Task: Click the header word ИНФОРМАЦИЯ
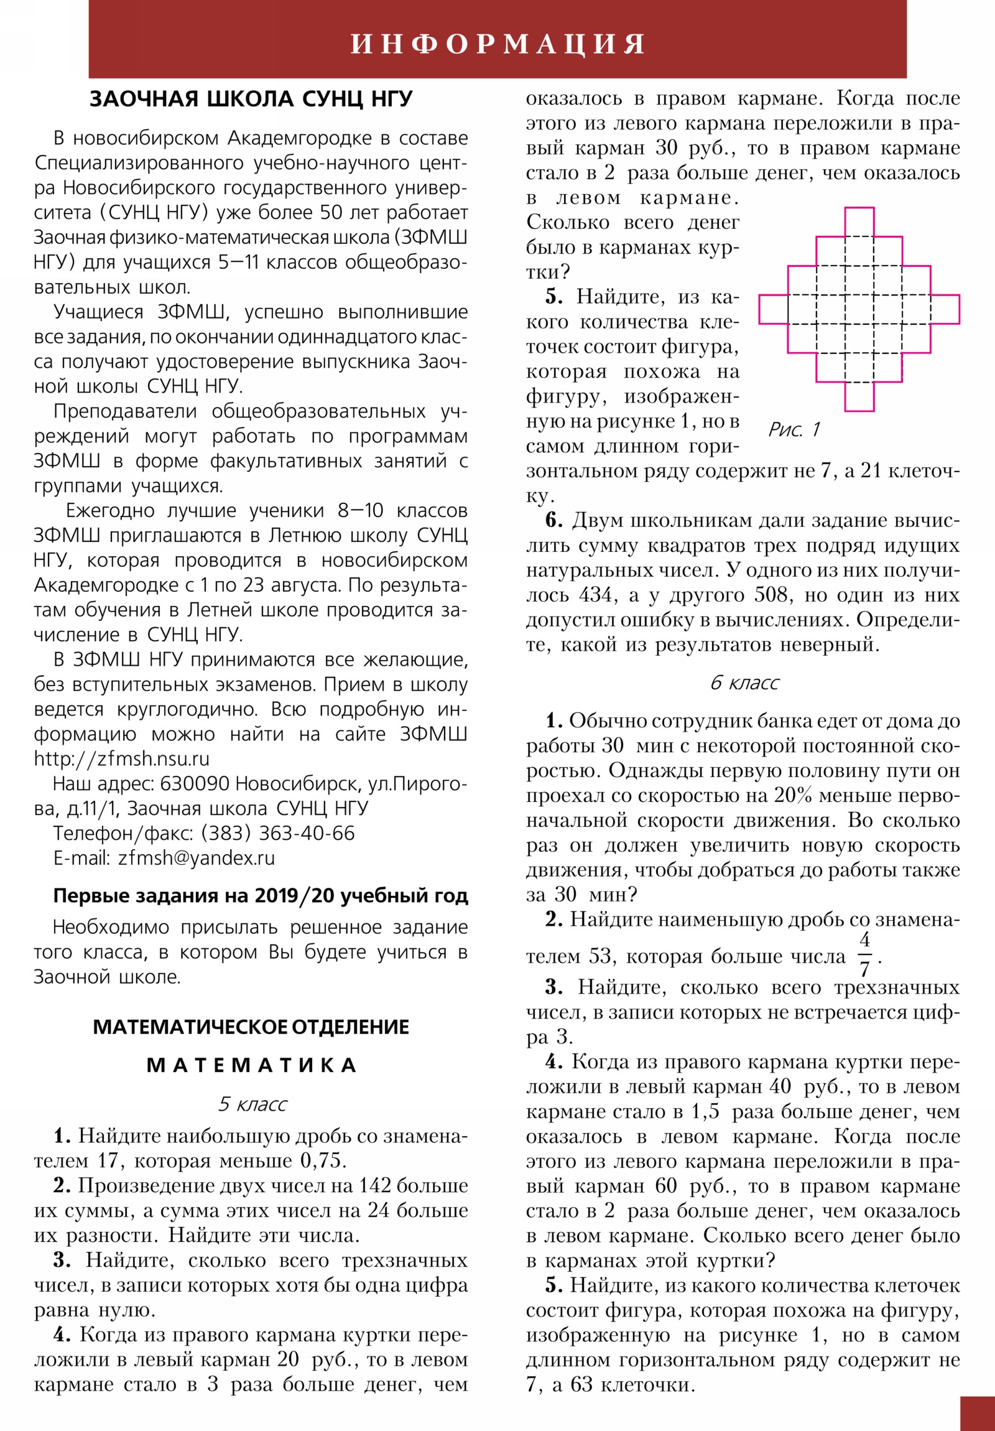[x=498, y=44]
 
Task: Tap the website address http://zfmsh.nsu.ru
[x=121, y=758]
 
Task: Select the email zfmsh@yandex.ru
[x=197, y=857]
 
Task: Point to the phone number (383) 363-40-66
[x=277, y=832]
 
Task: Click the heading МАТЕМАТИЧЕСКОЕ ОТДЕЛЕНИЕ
[x=251, y=1027]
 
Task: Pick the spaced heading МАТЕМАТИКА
[x=251, y=1065]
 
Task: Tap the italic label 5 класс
[x=252, y=1104]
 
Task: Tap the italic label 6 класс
[x=744, y=683]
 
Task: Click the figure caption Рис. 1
[x=794, y=429]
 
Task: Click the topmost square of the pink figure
[x=859, y=222]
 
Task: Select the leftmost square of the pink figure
[x=773, y=309]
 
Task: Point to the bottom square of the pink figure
[x=859, y=396]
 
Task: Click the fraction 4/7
[x=864, y=955]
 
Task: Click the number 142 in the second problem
[x=374, y=1185]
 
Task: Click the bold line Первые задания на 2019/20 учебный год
[x=261, y=896]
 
